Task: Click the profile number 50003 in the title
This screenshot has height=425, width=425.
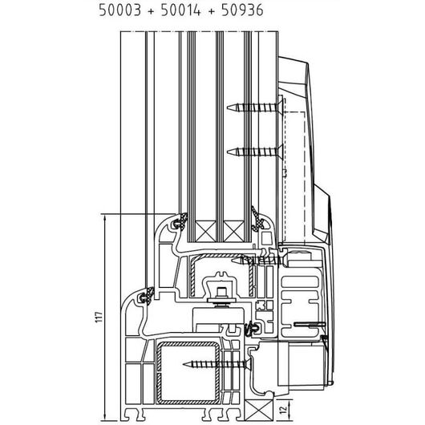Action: [120, 10]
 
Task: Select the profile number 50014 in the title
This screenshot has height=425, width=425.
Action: [181, 10]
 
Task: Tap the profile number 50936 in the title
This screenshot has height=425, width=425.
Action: [242, 10]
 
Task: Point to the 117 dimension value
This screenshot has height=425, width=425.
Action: [99, 317]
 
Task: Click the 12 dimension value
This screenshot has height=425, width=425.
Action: [283, 410]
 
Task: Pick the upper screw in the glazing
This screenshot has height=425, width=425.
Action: [255, 107]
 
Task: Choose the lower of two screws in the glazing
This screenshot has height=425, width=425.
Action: [255, 152]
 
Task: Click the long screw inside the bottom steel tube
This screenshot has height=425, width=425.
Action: [217, 364]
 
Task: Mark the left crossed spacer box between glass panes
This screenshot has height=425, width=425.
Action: [205, 231]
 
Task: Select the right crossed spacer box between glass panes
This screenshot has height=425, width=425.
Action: [233, 231]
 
